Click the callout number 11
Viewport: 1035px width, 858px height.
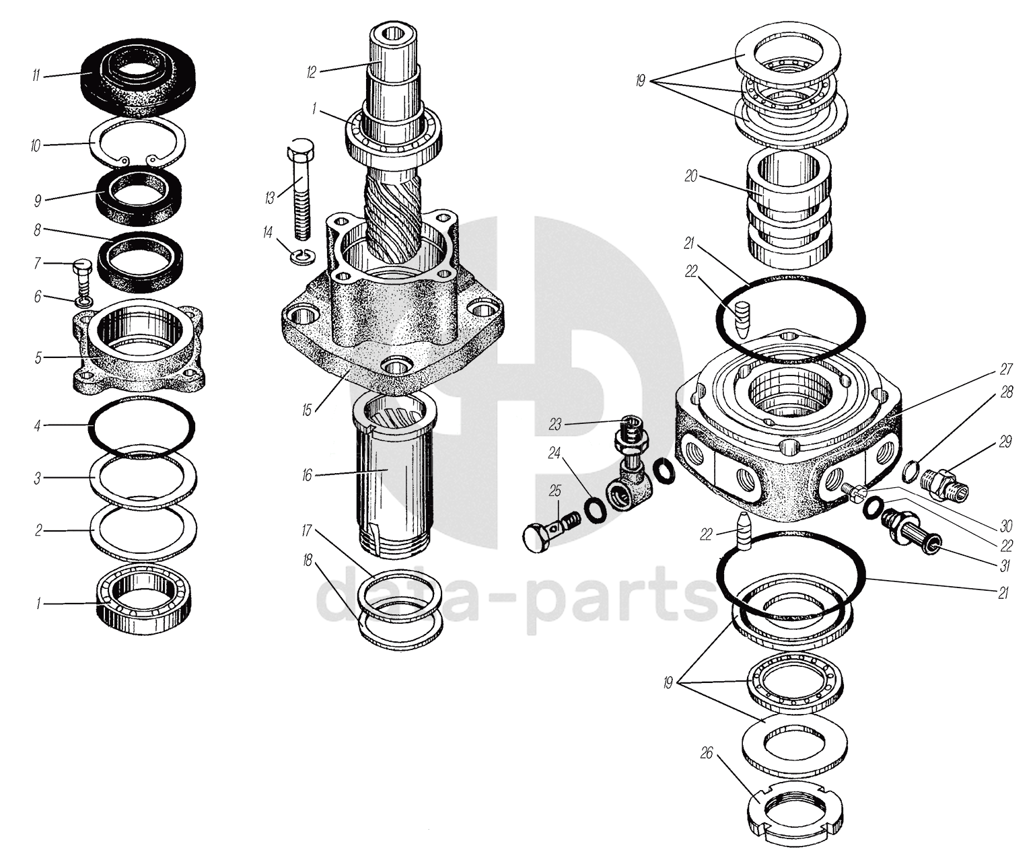[x=36, y=76]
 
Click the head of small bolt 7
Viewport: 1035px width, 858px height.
[x=82, y=266]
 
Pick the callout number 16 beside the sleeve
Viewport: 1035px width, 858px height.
[x=307, y=475]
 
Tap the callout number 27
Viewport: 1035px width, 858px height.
[x=1006, y=369]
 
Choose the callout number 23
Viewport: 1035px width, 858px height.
[x=555, y=424]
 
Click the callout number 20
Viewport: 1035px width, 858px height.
[x=690, y=176]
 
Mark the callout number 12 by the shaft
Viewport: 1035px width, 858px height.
[x=311, y=73]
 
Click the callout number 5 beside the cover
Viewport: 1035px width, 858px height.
[x=38, y=358]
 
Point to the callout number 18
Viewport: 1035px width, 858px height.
[x=308, y=561]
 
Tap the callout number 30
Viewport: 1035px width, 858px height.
[x=1006, y=526]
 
